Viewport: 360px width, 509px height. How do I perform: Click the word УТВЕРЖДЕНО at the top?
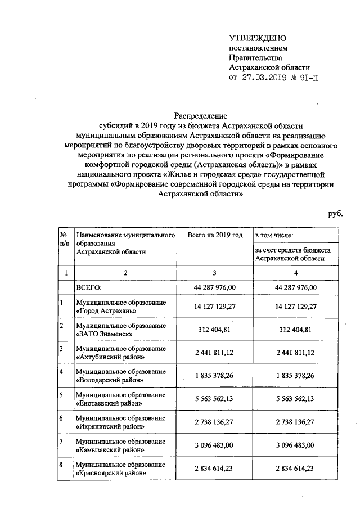258,38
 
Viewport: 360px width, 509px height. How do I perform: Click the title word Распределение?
201,116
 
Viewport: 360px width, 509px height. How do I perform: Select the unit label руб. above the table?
335,214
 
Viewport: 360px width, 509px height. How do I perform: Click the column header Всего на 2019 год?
214,235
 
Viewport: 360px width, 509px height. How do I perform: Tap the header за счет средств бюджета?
292,249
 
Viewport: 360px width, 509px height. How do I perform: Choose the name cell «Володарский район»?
111,380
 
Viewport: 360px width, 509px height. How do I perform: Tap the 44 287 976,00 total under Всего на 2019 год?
214,287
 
